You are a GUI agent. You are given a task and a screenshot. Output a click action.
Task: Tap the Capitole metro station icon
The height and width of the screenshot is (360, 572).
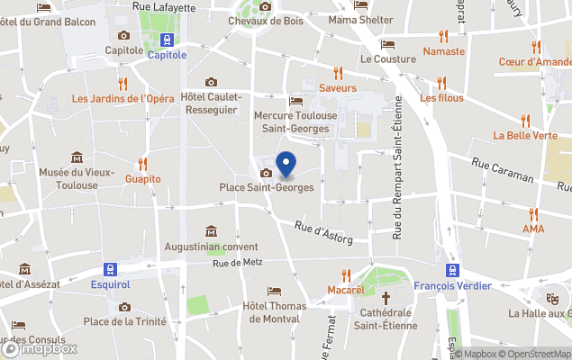(167, 40)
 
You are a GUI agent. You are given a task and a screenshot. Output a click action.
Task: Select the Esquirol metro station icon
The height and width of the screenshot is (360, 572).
(110, 269)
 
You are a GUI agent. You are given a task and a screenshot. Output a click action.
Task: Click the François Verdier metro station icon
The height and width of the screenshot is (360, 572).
(453, 269)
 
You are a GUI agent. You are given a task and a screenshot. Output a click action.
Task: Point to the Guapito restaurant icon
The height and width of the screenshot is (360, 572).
(143, 164)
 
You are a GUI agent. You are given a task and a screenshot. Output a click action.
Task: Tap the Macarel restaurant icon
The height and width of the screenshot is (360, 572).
(346, 275)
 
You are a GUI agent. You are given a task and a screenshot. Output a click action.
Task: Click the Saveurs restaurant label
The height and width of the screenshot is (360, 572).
(338, 88)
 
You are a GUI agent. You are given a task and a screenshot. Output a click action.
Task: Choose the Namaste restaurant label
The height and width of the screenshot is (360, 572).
(443, 51)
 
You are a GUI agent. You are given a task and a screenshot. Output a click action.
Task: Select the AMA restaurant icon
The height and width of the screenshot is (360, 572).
(533, 214)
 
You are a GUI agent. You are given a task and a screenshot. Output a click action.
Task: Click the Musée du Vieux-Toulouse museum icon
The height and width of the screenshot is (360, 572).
(77, 157)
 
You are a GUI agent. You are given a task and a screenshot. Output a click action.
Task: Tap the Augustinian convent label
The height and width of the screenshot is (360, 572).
(211, 247)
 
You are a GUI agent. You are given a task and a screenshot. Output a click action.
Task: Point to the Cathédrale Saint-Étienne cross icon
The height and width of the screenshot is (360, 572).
(386, 297)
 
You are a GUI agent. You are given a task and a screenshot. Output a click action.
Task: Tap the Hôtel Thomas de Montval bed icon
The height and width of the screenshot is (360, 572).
(275, 292)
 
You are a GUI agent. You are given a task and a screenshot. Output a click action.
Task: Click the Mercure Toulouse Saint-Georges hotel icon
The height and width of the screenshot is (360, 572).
(295, 101)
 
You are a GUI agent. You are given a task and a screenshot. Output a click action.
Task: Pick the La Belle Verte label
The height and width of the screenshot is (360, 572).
(525, 136)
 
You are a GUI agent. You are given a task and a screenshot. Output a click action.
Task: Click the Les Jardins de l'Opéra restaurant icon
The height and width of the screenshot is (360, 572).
(123, 84)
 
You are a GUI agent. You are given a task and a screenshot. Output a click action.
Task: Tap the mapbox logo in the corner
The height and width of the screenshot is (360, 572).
(40, 348)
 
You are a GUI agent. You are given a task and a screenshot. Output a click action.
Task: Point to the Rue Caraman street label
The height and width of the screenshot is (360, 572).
(500, 169)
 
